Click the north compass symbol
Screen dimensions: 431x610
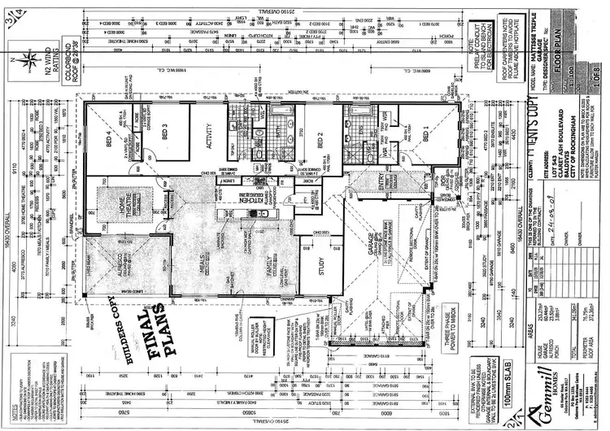tap(28, 57)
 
